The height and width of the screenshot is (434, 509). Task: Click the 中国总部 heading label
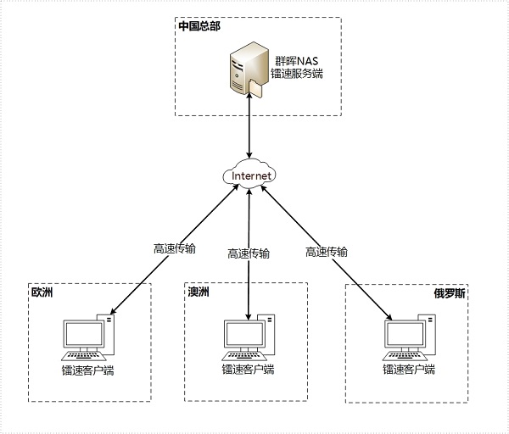199,26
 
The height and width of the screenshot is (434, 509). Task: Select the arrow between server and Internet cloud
249,127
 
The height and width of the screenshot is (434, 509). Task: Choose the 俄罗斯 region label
450,294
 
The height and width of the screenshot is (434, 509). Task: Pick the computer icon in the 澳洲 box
249,339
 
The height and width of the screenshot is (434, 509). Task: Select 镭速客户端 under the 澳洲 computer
249,370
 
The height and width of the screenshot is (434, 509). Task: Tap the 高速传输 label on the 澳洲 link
249,253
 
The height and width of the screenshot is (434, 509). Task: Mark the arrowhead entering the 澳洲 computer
249,316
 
